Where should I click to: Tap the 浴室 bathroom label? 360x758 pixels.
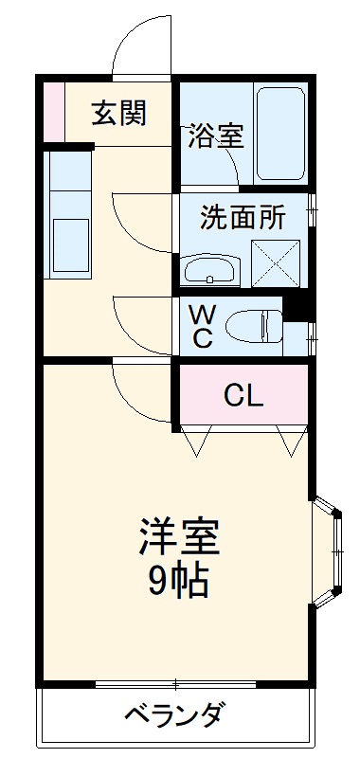[216, 135]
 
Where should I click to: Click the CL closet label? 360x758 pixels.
[243, 395]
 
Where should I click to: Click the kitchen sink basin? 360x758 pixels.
[70, 244]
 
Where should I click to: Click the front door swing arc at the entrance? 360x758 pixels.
[142, 52]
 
